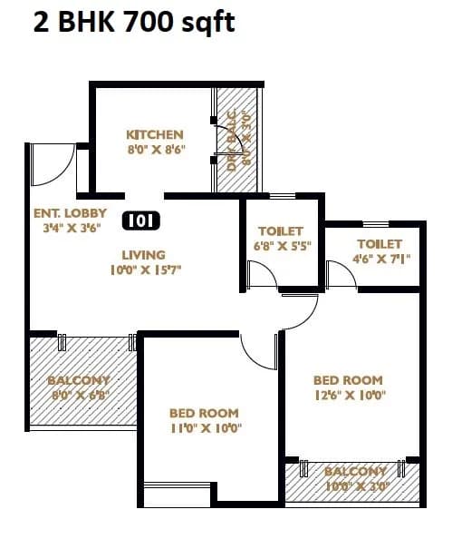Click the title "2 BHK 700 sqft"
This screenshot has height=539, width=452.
(x=133, y=22)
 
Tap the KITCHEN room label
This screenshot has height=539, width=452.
(x=155, y=135)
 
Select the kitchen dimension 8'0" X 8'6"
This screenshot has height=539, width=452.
(x=155, y=151)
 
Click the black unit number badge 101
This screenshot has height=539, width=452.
(x=139, y=220)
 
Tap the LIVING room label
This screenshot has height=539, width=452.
(x=144, y=255)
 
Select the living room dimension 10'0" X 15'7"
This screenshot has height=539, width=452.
(x=144, y=269)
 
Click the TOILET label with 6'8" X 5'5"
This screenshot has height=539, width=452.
(x=280, y=231)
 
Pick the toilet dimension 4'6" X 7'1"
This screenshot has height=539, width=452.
(x=380, y=259)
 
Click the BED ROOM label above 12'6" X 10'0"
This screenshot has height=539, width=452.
(x=348, y=380)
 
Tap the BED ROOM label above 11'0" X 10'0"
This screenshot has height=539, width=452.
(x=205, y=413)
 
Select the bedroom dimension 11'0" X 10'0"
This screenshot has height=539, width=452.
(x=205, y=428)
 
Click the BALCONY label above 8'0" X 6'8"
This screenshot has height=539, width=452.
(x=79, y=380)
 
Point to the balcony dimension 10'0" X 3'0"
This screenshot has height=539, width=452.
(x=355, y=486)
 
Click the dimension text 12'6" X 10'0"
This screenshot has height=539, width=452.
(x=350, y=395)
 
